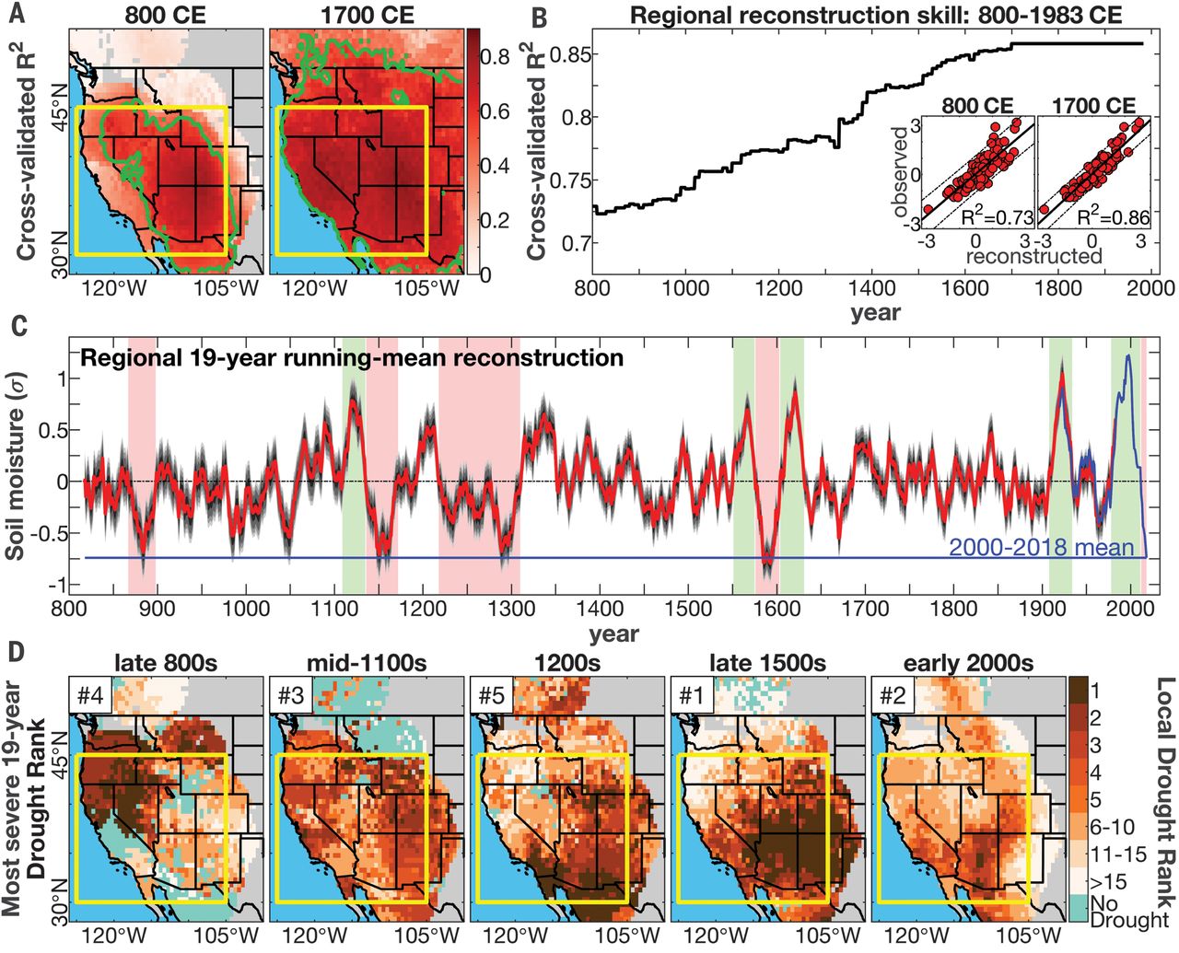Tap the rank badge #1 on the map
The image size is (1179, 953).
692,696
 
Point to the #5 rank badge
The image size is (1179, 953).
492,696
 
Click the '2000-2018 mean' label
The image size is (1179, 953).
1041,547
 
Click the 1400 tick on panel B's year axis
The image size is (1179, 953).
872,287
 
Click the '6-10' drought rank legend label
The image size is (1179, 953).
1113,827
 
